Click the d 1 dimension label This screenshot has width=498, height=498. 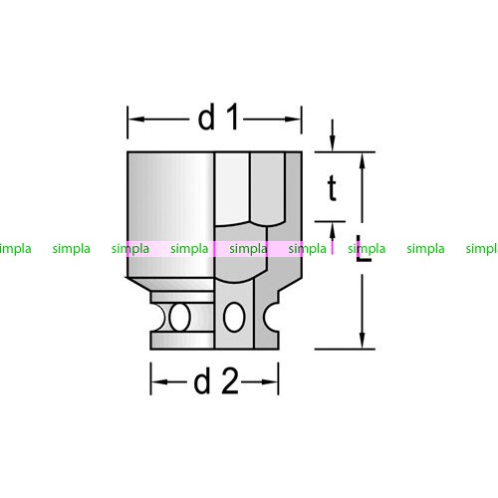[x=218, y=117]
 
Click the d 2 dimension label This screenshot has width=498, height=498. [x=216, y=381]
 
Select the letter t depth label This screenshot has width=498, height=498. [x=332, y=188]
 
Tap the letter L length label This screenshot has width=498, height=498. [x=364, y=248]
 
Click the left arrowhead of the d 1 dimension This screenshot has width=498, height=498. [x=136, y=119]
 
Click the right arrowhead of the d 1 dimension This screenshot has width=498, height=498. [x=293, y=119]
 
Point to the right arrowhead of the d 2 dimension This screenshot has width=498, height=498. [x=270, y=381]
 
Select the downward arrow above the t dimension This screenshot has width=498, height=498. [x=332, y=135]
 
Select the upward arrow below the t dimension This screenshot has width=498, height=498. [x=332, y=238]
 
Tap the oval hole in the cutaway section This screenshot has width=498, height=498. [x=234, y=317]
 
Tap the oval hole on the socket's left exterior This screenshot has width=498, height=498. [x=179, y=317]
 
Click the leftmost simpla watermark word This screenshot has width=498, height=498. [x=15, y=249]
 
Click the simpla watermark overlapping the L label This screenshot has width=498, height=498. [x=367, y=249]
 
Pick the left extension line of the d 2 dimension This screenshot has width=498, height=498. [x=151, y=378]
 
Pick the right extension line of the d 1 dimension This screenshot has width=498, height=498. [x=302, y=120]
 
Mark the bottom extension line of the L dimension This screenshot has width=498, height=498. [x=345, y=349]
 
